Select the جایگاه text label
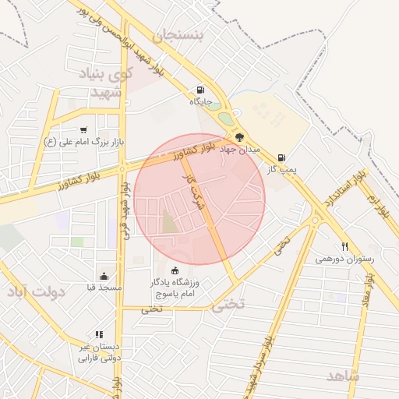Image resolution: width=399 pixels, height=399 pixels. (x=200, y=101)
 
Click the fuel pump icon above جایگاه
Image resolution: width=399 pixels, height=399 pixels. (x=201, y=90)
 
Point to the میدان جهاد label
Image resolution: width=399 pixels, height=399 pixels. (x=238, y=148)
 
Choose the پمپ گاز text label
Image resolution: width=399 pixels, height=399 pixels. (x=279, y=168)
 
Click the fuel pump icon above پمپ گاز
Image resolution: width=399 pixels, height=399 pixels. (x=281, y=156)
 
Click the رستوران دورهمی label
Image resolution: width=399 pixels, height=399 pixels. (x=345, y=258)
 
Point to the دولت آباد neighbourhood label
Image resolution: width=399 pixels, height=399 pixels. (x=39, y=291)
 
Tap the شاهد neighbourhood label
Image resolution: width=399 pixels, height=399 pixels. (x=344, y=376)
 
